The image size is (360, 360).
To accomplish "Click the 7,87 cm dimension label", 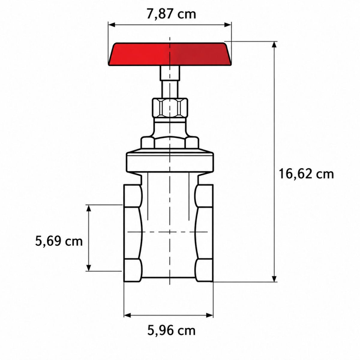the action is pyautogui.click(x=171, y=14).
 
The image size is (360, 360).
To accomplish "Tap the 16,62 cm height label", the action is pyautogui.click(x=306, y=174).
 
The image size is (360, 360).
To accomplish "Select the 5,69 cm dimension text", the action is pyautogui.click(x=59, y=241).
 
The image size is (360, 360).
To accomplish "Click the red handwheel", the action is pyautogui.click(x=169, y=54).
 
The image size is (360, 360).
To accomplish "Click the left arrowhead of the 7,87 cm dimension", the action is pyautogui.click(x=111, y=25).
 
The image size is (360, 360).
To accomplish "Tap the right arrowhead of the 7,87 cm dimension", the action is pyautogui.click(x=228, y=25).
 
